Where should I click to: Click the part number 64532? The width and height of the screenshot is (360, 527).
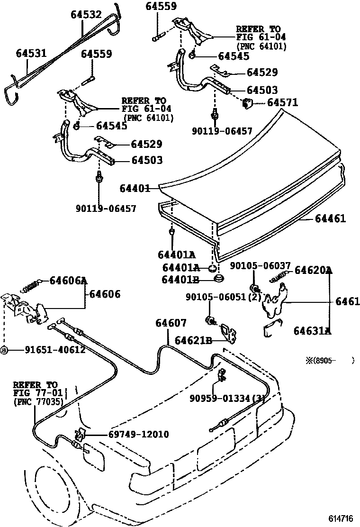pyautogui.click(x=86, y=14)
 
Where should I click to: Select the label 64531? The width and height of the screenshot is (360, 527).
pyautogui.click(x=32, y=53)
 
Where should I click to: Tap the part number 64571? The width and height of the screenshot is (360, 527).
pyautogui.click(x=282, y=102)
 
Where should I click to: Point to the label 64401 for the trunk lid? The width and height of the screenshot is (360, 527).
pyautogui.click(x=135, y=188)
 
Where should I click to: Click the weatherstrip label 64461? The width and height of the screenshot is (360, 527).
pyautogui.click(x=330, y=218)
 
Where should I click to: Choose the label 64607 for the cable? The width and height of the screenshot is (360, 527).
pyautogui.click(x=171, y=323)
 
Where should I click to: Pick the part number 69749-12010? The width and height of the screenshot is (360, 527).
pyautogui.click(x=139, y=434)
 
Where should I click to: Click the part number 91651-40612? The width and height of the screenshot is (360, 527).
pyautogui.click(x=55, y=350)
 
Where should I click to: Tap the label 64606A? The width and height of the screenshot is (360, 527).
pyautogui.click(x=69, y=280)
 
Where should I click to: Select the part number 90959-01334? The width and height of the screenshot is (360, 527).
pyautogui.click(x=220, y=398)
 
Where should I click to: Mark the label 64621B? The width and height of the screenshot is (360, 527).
pyautogui.click(x=193, y=340)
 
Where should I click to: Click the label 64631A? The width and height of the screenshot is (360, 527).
pyautogui.click(x=313, y=331)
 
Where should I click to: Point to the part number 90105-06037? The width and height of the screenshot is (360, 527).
pyautogui.click(x=260, y=266)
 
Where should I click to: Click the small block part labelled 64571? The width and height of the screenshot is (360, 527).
pyautogui.click(x=247, y=103)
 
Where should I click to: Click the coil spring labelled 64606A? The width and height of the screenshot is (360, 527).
pyautogui.click(x=31, y=286)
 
